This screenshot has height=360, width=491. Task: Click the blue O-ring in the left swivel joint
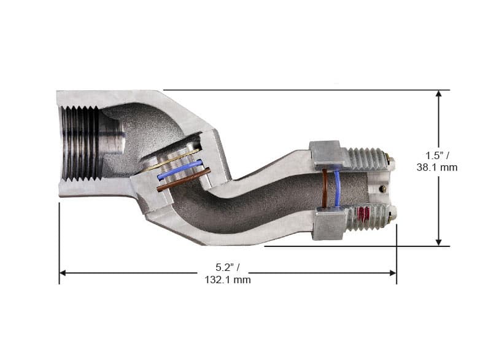click(179, 170)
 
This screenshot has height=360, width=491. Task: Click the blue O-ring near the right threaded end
click(337, 188)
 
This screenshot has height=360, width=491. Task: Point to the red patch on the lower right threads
click(363, 215)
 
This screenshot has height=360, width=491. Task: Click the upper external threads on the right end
click(367, 158)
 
